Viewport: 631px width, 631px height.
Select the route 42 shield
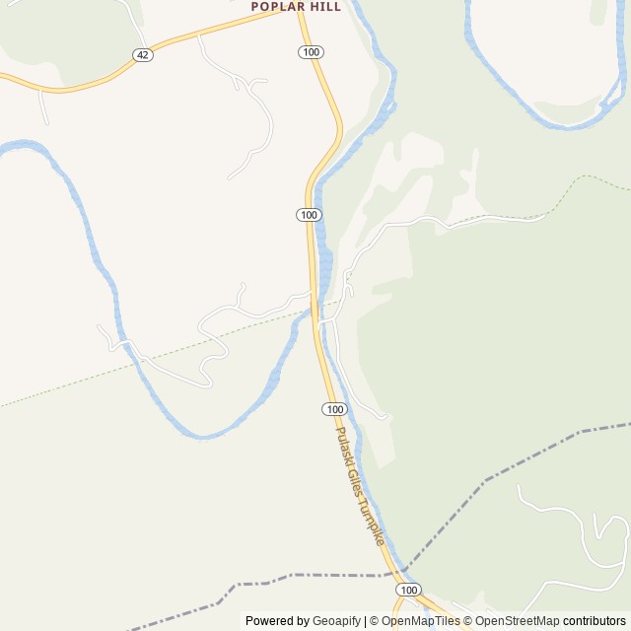tap(143, 55)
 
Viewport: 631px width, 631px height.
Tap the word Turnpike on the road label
tap(373, 524)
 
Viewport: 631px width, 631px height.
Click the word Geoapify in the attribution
tap(335, 621)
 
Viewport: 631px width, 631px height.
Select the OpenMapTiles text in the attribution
tap(421, 621)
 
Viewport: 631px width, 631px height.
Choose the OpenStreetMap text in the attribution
tap(517, 621)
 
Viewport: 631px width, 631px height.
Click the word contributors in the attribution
tap(595, 621)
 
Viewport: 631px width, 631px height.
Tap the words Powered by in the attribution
tap(276, 621)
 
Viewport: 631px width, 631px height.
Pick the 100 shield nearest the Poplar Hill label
tap(312, 51)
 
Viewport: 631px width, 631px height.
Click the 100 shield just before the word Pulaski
tap(334, 409)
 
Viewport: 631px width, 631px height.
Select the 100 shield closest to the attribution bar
tap(410, 589)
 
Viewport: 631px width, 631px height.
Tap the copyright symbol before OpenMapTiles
tap(375, 621)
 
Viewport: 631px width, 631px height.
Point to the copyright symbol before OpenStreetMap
tap(468, 621)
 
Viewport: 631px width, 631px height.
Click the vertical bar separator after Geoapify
tap(365, 621)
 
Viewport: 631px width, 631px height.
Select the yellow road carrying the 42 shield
tap(197, 37)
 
